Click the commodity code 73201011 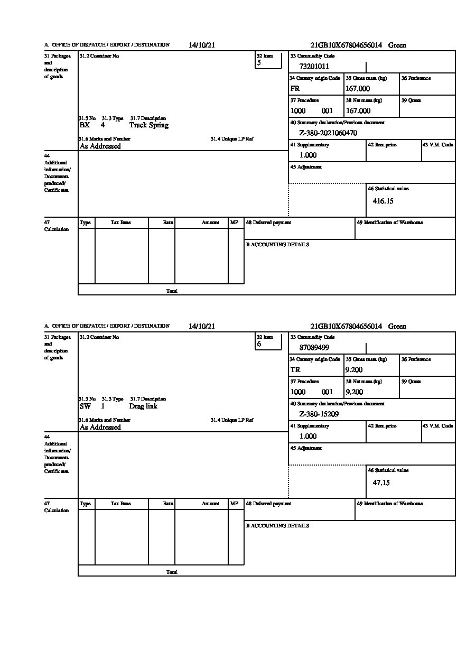(x=314, y=67)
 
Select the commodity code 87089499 (x=314, y=348)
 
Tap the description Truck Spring (x=149, y=125)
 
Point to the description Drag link (x=143, y=406)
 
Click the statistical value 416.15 (x=383, y=201)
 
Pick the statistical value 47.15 (x=381, y=482)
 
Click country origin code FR (x=295, y=89)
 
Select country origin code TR (x=295, y=370)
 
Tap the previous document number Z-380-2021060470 (x=328, y=133)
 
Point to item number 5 (x=259, y=63)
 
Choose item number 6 (x=259, y=344)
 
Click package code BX (x=85, y=125)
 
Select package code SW (x=85, y=406)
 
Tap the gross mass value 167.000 (x=358, y=89)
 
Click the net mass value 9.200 (x=354, y=392)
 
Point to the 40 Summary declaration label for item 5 (x=337, y=123)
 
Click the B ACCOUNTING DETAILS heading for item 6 (x=277, y=526)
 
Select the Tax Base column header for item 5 (x=121, y=223)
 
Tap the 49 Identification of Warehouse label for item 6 (x=390, y=504)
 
